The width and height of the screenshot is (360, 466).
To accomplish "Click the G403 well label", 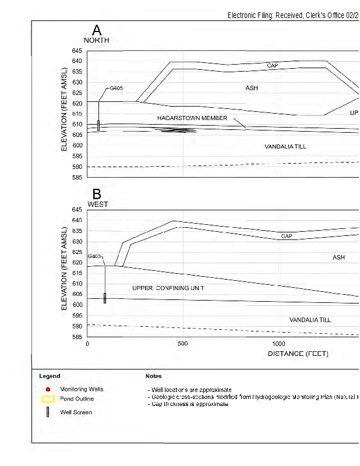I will (95, 256).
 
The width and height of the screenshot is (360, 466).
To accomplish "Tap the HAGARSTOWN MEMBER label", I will (192, 118).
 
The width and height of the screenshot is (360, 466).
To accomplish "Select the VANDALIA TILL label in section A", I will (285, 146).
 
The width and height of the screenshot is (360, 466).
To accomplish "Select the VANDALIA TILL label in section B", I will (310, 320).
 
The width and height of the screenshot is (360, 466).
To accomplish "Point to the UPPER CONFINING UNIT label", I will (168, 288).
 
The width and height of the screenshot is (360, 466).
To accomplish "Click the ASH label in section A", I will (251, 88).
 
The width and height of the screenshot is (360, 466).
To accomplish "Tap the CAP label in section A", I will (273, 66).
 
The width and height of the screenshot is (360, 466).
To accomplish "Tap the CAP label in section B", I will (287, 236).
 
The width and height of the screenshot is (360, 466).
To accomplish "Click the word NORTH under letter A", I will (96, 40).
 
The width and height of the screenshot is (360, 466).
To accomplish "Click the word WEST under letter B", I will (98, 204).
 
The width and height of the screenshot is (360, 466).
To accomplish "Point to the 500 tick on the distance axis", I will (183, 344).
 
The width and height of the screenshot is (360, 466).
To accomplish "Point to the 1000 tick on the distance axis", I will (278, 344).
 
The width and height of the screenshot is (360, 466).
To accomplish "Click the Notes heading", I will (153, 376).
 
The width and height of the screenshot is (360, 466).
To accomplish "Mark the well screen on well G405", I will (98, 125).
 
